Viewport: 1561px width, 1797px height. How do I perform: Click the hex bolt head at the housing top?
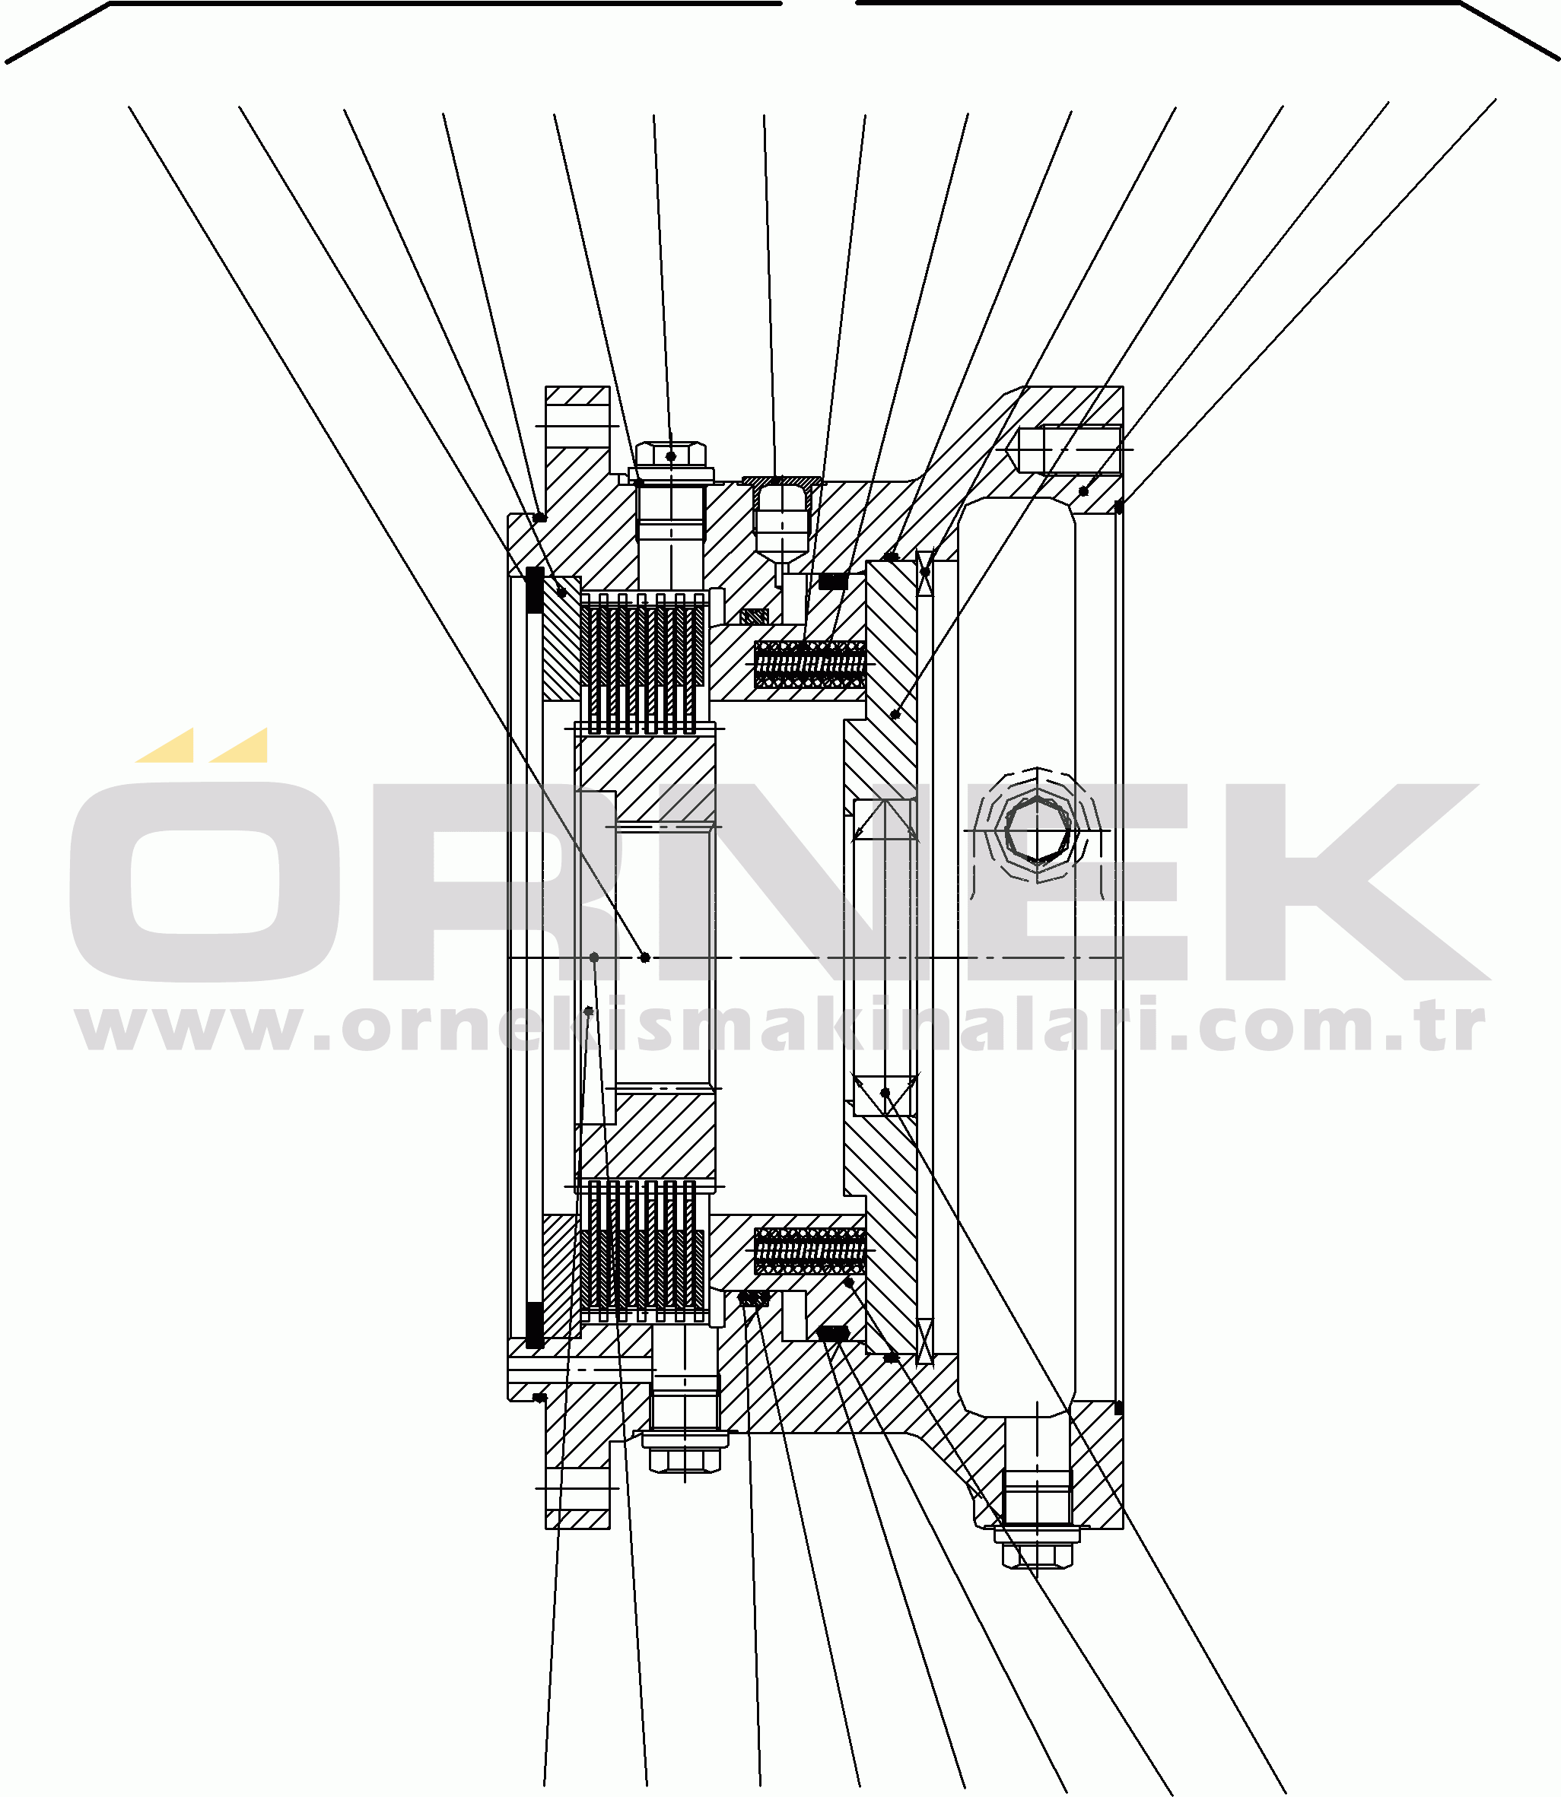(670, 456)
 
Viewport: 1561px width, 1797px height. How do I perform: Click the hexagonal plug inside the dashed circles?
(1037, 830)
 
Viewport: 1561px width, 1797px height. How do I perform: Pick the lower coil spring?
(809, 1250)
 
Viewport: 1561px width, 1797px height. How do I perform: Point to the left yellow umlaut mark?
(167, 746)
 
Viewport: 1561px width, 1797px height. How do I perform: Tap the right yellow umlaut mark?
(241, 746)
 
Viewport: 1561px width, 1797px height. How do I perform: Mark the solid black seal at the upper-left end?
(535, 589)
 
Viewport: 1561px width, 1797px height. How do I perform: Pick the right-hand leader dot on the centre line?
(644, 957)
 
